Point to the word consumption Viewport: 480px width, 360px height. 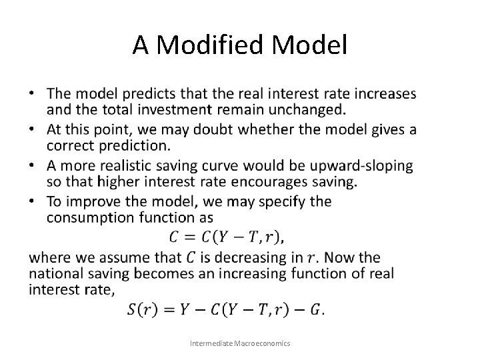(93, 217)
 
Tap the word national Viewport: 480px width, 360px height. (55, 273)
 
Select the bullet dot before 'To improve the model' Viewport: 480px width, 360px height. (33, 201)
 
